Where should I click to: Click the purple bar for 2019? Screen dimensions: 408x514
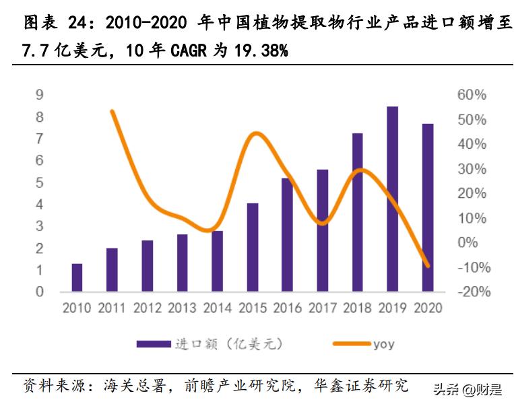392,199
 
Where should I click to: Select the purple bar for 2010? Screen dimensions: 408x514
77,277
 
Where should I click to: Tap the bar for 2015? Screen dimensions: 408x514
252,247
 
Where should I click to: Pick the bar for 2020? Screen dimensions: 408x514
427,207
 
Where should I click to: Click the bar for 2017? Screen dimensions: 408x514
322,230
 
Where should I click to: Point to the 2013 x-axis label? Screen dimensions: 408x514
182,308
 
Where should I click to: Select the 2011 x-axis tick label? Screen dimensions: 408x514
112,308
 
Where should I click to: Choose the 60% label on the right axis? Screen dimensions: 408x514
472,95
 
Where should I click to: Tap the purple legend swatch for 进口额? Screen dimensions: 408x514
153,344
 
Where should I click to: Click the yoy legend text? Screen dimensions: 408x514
383,344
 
